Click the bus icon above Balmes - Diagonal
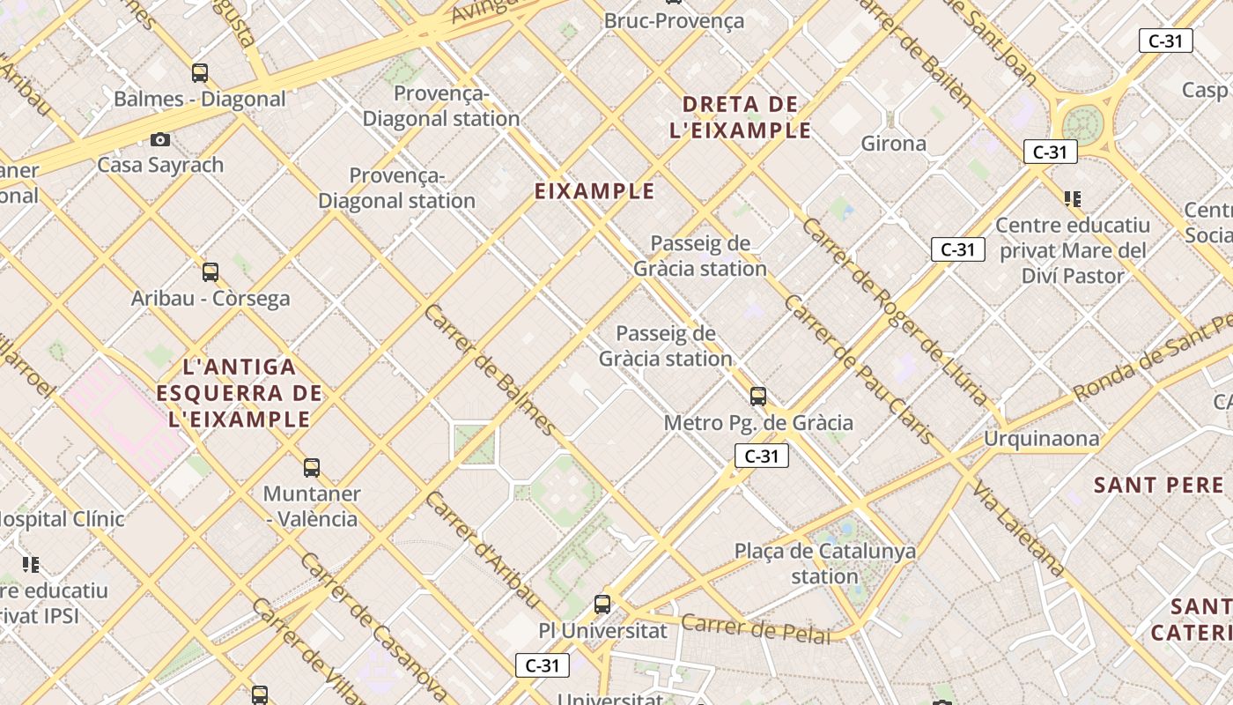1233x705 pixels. click(200, 73)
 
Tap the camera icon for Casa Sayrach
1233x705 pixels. click(159, 139)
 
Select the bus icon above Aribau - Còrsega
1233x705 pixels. click(210, 272)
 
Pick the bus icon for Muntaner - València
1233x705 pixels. click(311, 468)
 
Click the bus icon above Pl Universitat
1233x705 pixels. click(602, 605)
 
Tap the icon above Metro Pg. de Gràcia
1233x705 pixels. click(757, 397)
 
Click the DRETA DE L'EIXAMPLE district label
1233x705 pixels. click(740, 117)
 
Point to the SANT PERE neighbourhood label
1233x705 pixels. click(1159, 485)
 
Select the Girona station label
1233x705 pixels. click(893, 143)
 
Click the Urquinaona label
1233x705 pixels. click(1042, 438)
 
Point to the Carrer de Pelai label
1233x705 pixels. click(757, 628)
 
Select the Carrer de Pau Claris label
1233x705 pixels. click(858, 370)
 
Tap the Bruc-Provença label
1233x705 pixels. click(674, 20)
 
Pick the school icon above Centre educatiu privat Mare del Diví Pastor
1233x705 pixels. click(1072, 198)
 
